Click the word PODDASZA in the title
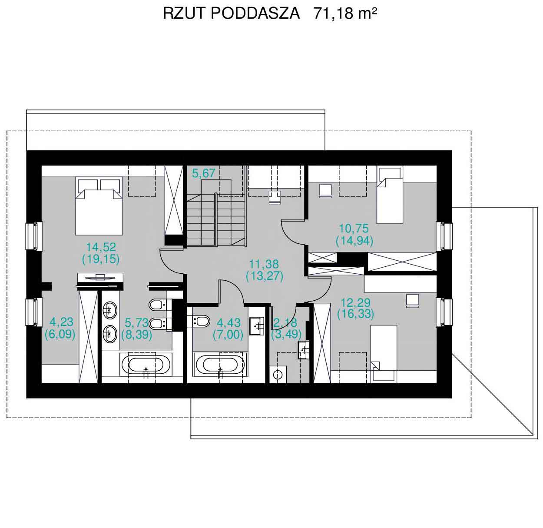point(255,13)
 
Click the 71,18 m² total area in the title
point(345,13)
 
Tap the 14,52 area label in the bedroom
point(101,247)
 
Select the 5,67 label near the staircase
point(203,173)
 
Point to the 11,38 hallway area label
point(264,264)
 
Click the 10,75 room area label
point(354,229)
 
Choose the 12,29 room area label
point(355,302)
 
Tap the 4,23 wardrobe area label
point(61,322)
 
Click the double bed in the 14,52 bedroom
point(99,206)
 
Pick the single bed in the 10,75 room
point(390,195)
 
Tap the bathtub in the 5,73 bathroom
point(146,365)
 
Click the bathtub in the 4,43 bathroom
point(220,365)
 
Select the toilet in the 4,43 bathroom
point(199,322)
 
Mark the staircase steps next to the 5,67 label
point(216,220)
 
